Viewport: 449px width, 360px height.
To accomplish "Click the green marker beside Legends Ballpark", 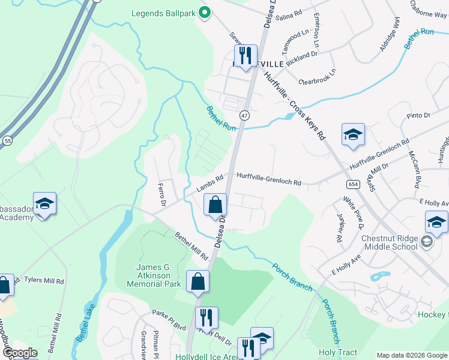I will point(204,11).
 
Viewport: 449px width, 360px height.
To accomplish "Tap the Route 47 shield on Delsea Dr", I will point(244,115).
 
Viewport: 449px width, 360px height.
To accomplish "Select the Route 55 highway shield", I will point(7,140).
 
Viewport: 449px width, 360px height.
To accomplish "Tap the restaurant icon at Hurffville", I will point(245,56).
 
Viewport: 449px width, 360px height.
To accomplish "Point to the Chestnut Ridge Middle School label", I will point(389,242).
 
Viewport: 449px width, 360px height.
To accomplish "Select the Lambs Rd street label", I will point(210,183).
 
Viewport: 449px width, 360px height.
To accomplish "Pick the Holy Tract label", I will point(337,353).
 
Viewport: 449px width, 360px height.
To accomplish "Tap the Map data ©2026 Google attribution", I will point(411,355).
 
